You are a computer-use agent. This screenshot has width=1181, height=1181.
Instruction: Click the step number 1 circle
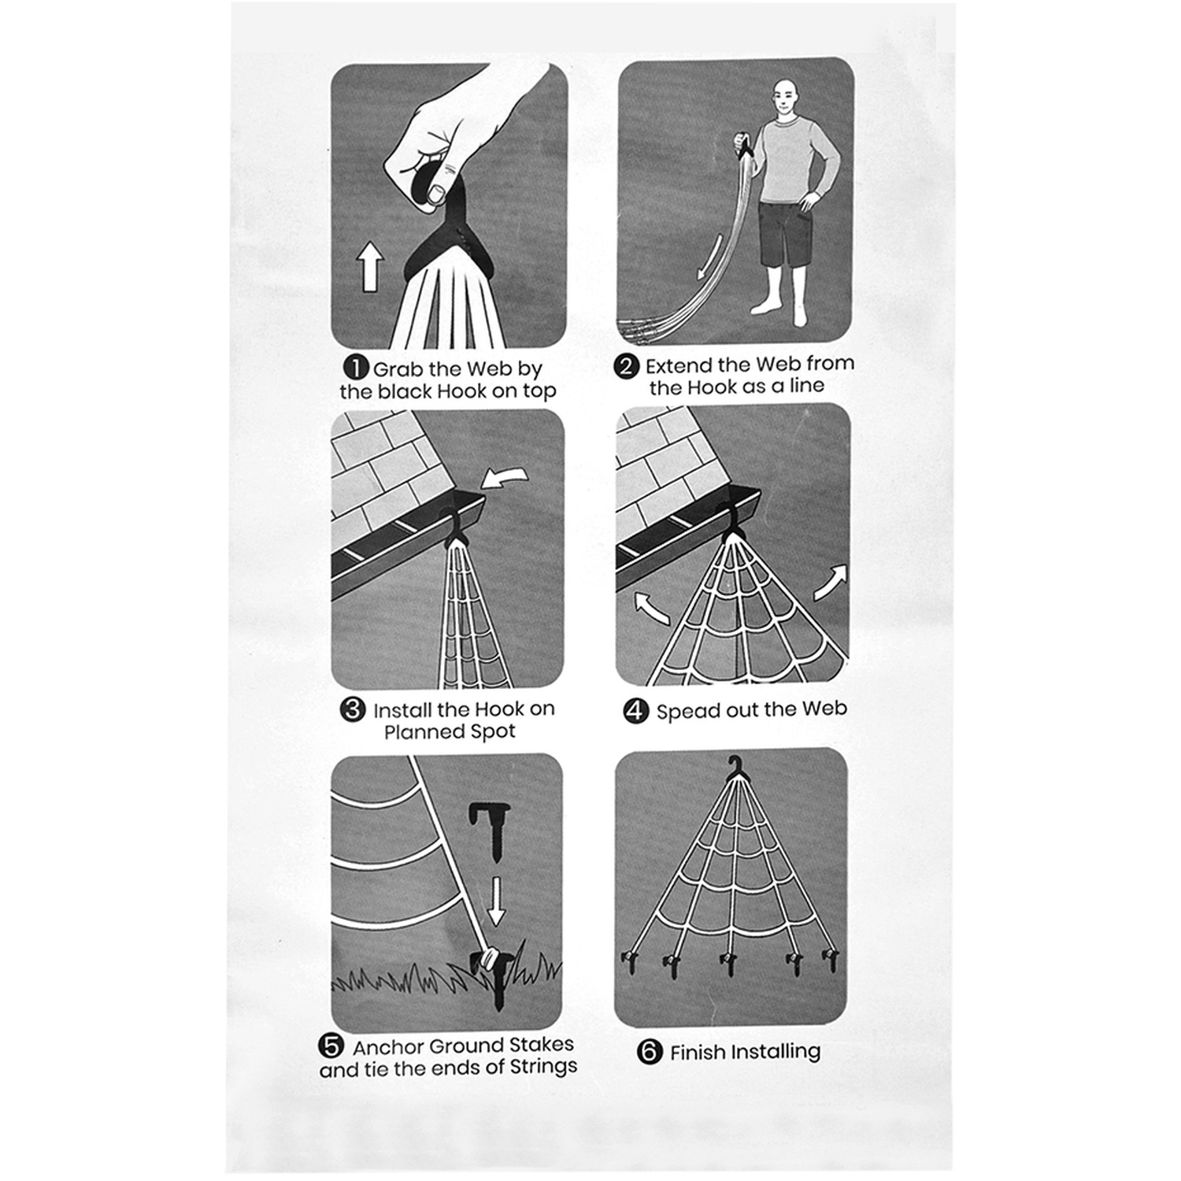pos(357,368)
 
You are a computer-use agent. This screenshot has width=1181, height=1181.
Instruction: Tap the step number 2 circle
pos(627,367)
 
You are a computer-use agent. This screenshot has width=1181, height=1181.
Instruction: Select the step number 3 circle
pos(353,709)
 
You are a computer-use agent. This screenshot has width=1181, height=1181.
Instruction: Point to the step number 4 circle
pos(635,711)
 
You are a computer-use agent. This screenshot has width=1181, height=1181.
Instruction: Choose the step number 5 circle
pos(331,1046)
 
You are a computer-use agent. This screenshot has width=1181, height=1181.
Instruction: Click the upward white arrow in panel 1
pos(370,266)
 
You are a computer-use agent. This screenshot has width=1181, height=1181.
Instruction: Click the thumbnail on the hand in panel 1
pos(436,193)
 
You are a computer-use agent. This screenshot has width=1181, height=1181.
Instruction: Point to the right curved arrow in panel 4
pos(831,583)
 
